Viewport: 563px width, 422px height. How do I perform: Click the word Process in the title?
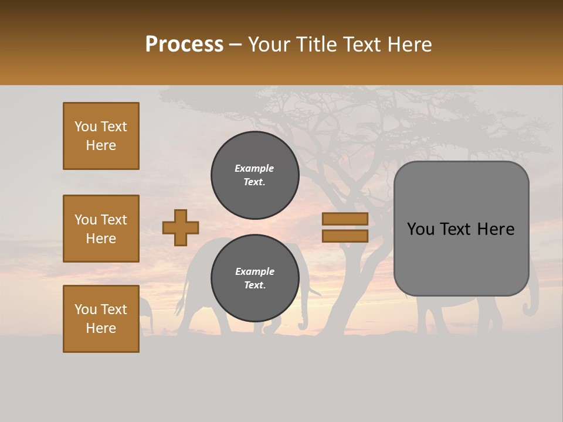coord(184,44)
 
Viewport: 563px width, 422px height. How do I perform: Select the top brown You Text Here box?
coord(101,136)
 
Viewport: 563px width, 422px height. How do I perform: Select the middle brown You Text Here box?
coord(101,229)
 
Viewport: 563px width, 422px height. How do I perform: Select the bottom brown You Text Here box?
coord(101,319)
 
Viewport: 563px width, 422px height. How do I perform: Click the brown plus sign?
coord(181,227)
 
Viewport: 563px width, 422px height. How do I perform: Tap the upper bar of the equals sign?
coord(345,219)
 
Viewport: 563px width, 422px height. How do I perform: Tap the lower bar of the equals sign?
coord(345,236)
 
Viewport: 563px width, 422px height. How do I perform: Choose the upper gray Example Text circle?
coord(255,175)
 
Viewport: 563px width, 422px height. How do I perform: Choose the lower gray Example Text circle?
coord(255,278)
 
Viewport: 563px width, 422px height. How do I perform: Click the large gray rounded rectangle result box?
coord(461,229)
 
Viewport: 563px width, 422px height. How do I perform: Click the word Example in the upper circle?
coord(255,168)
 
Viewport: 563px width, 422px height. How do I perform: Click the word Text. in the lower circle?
coord(255,285)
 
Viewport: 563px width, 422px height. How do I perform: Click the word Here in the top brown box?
coord(101,145)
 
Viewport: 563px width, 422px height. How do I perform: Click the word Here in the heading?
coord(409,45)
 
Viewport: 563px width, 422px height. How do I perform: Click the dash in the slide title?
coord(235,45)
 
